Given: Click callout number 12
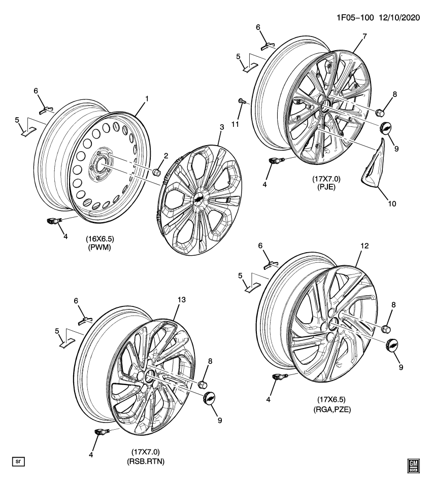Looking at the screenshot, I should [x=364, y=246].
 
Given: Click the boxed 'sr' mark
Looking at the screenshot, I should [x=18, y=461].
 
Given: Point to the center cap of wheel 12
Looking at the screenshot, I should [x=392, y=345].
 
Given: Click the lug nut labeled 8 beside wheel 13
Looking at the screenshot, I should [x=203, y=383].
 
